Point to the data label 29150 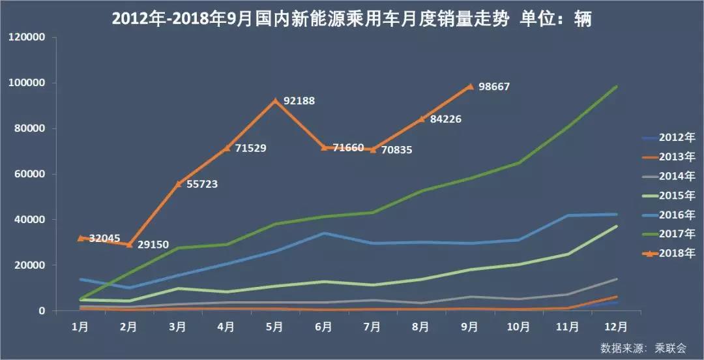pyautogui.click(x=153, y=245)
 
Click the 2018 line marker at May pyautogui.click(x=276, y=100)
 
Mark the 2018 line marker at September pyautogui.click(x=470, y=86)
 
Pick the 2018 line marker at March pyautogui.click(x=178, y=183)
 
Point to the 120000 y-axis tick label pyautogui.click(x=27, y=38)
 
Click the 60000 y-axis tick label pyautogui.click(x=29, y=174)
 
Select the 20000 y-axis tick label pyautogui.click(x=29, y=265)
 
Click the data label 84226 pyautogui.click(x=446, y=119)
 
